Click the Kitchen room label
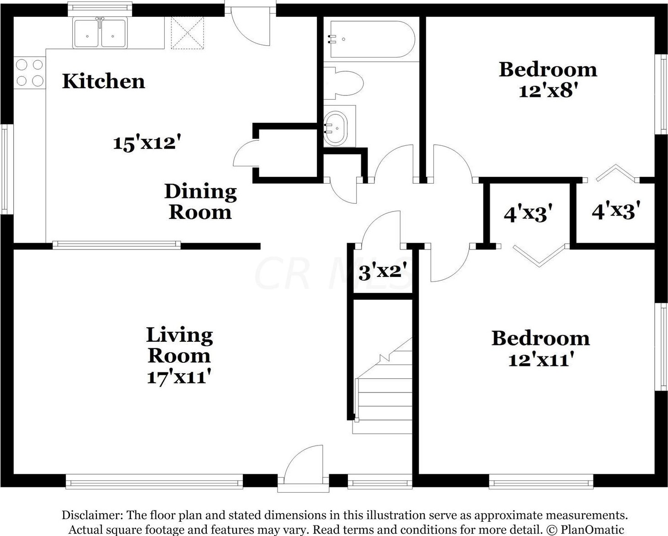(104, 81)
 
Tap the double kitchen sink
(100, 33)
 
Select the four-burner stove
(30, 73)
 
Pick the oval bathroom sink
(336, 128)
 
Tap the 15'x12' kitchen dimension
(147, 143)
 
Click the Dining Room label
(201, 202)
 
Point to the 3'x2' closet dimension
(382, 272)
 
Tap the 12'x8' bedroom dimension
(548, 91)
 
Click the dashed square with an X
(187, 33)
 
